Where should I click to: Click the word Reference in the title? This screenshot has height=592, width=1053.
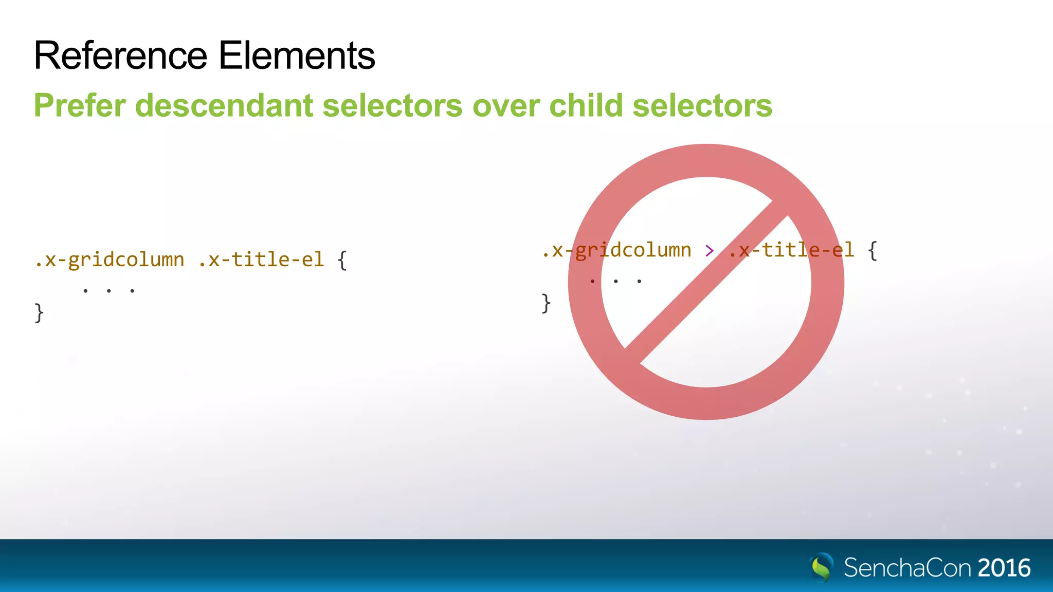point(120,55)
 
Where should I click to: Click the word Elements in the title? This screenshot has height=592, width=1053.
point(297,55)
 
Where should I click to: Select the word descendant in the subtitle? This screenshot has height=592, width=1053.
point(224,106)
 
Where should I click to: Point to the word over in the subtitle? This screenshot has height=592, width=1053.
point(506,106)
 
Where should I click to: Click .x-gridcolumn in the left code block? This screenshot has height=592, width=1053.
point(110,260)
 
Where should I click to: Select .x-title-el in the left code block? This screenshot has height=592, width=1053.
point(261,260)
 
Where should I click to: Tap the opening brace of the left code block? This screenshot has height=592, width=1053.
point(342,260)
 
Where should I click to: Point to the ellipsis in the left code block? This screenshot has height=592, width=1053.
point(108,291)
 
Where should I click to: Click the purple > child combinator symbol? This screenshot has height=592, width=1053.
point(710,251)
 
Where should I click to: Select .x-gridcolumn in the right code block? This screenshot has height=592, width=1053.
point(616,251)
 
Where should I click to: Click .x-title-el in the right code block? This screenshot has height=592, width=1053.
point(792,251)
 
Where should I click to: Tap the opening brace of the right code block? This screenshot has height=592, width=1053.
point(873,251)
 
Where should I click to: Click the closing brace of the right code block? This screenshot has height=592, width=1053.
point(546,303)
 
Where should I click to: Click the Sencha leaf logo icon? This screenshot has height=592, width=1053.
point(822,567)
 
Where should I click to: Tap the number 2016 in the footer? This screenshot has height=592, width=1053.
point(1004,568)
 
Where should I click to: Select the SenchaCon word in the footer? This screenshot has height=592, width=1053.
point(907,568)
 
